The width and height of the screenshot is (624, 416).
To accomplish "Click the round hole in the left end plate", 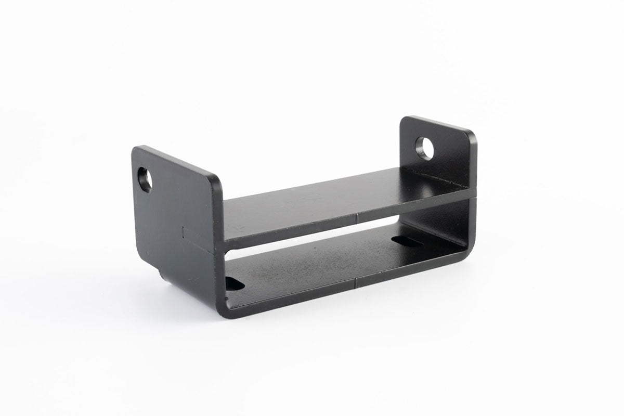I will tap(145, 179).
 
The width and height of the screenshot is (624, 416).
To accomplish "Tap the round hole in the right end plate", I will tap(425, 149).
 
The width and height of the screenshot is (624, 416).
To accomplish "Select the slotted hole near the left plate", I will tap(234, 283).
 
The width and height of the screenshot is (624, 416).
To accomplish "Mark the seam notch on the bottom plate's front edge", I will tap(356, 284).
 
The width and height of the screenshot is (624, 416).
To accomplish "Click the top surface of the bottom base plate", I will tap(312, 265).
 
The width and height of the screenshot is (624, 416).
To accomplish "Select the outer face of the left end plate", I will tap(172, 218).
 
